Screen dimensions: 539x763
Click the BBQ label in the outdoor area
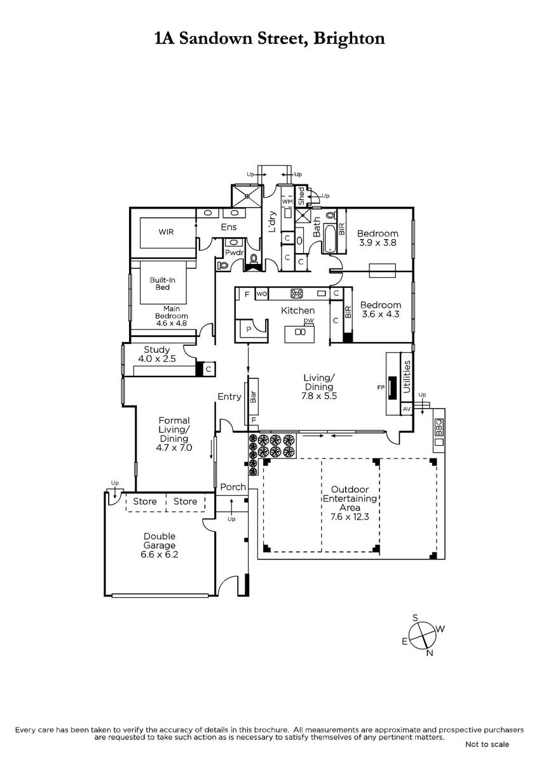(439, 427)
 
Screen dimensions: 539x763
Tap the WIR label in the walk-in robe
(166, 232)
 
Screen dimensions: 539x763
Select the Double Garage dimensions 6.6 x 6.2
(160, 554)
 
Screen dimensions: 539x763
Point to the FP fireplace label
(381, 387)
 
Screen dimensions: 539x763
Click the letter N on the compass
(430, 653)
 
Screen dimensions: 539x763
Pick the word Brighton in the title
(349, 39)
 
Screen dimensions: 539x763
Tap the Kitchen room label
(297, 311)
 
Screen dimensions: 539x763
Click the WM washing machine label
(287, 202)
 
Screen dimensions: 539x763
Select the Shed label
(301, 196)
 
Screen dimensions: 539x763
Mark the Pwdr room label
(235, 252)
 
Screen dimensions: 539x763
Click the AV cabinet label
(407, 409)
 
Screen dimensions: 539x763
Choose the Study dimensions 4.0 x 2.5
(157, 359)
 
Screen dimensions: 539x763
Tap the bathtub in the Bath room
(329, 238)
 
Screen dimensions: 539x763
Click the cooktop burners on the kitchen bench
(296, 293)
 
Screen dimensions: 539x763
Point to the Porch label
(233, 487)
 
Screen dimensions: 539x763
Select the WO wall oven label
(261, 294)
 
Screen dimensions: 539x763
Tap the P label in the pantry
(249, 329)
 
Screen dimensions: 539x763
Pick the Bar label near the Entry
(254, 397)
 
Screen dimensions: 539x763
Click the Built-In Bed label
(163, 284)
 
